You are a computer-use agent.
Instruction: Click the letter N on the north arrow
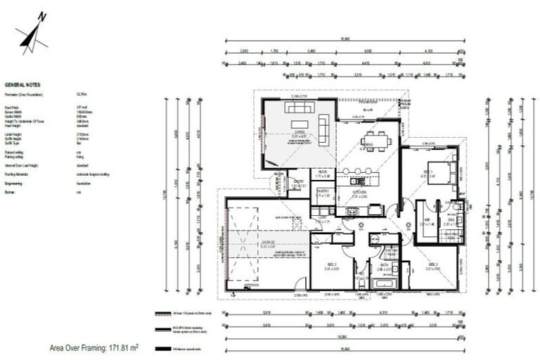43,15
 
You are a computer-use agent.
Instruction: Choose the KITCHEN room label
359,190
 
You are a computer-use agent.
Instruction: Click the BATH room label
384,265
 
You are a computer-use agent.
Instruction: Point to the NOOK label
323,172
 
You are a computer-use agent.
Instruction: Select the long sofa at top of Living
300,108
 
